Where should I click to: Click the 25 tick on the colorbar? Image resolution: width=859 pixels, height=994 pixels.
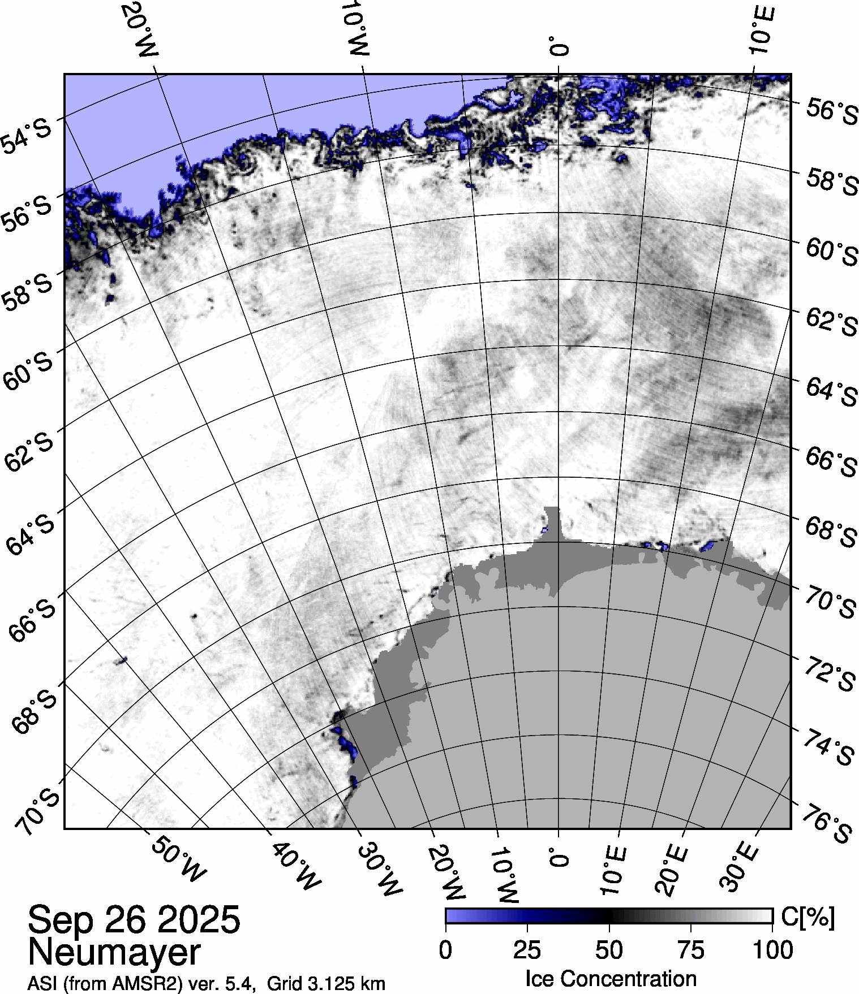click(527, 950)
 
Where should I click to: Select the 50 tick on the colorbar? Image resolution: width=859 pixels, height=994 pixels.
click(609, 950)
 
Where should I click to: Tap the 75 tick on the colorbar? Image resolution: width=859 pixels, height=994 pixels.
click(690, 950)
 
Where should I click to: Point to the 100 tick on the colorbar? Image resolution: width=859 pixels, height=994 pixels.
click(773, 950)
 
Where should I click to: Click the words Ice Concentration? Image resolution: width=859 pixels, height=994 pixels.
click(611, 979)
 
